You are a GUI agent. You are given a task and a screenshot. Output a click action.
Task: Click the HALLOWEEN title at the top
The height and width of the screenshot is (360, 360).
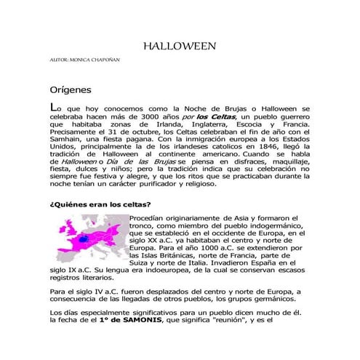coord(180,46)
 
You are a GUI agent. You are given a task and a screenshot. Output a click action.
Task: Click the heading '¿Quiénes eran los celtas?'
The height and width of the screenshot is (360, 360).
coord(100,205)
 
